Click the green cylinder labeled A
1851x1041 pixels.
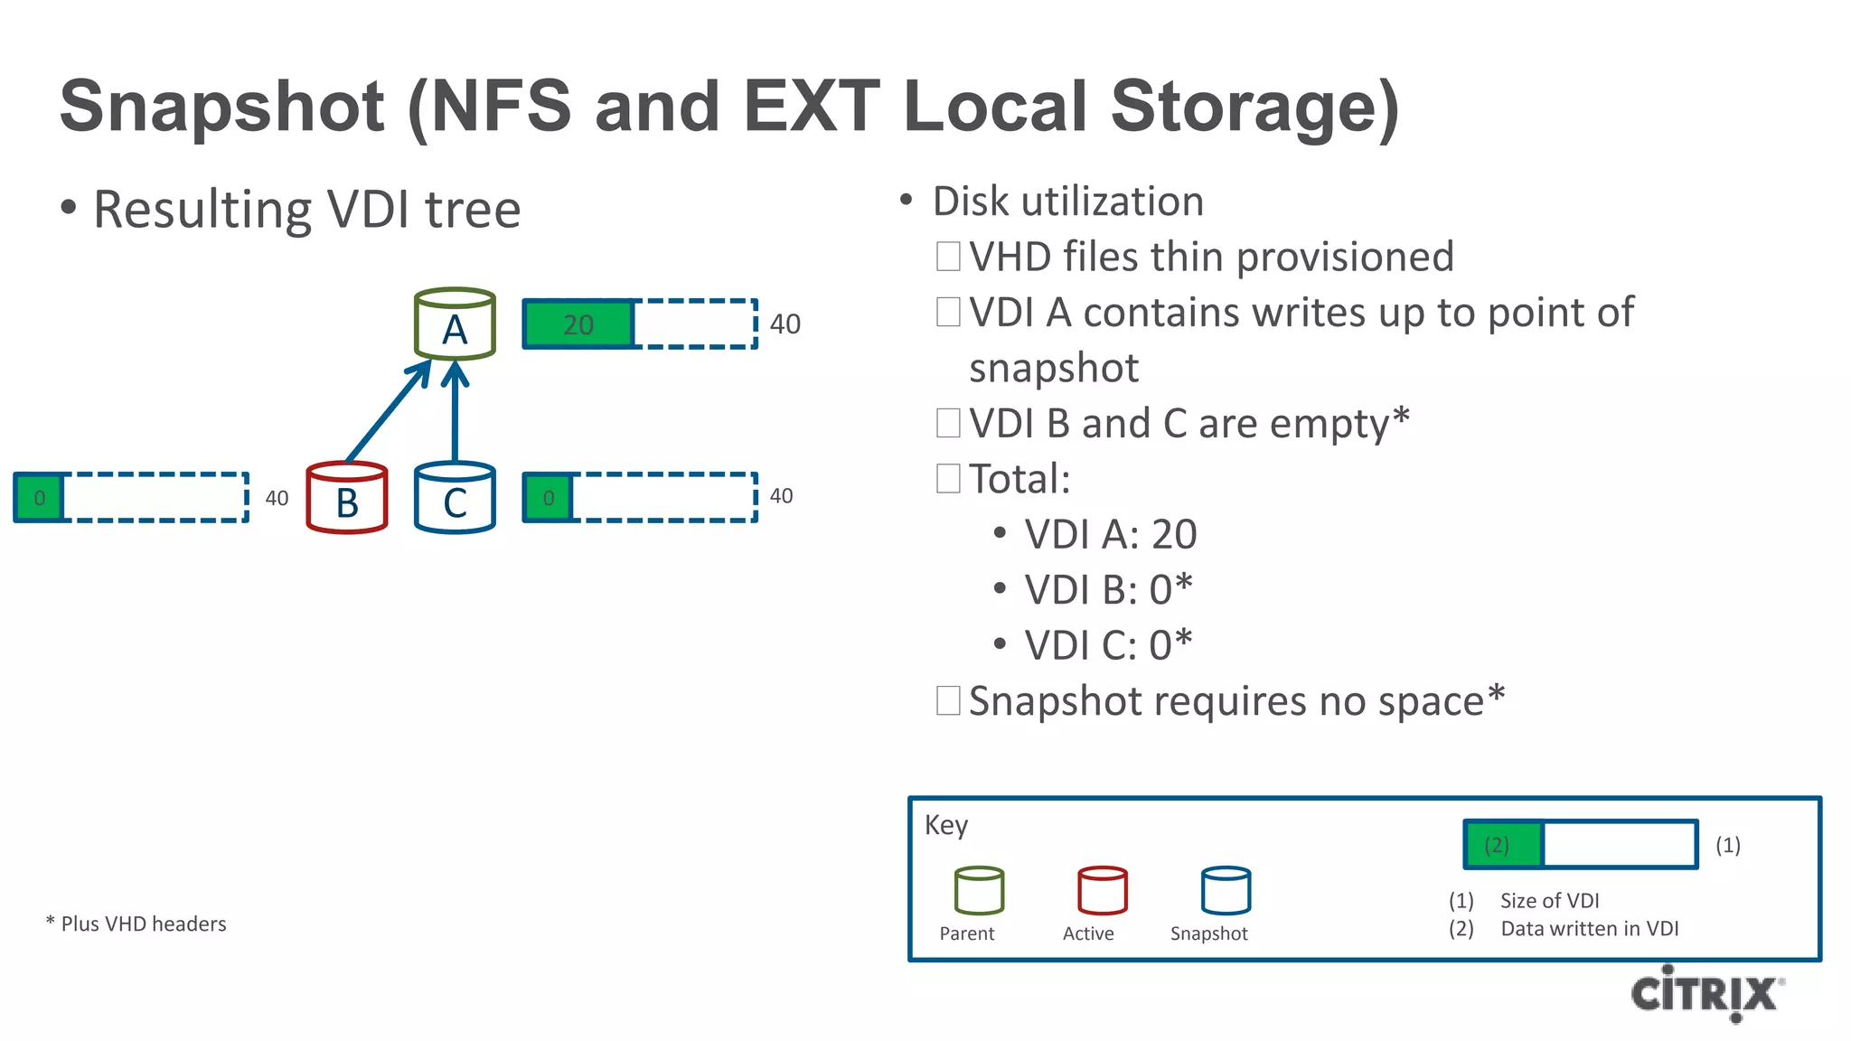point(455,325)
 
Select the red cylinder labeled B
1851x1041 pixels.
point(347,499)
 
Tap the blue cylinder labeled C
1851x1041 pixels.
point(455,499)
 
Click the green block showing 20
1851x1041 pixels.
point(578,324)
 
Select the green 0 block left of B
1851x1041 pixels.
point(39,497)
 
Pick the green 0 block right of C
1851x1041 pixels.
point(548,497)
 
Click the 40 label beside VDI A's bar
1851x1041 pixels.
point(785,324)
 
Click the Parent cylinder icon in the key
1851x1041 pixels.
point(979,891)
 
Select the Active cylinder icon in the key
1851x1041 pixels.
point(1102,891)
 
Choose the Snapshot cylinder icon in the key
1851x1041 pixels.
point(1226,891)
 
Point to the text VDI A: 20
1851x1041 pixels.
point(1110,534)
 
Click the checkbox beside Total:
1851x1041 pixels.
point(948,478)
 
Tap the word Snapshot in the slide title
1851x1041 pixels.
point(222,107)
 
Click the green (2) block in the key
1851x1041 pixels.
point(1503,845)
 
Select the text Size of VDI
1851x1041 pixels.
point(1549,901)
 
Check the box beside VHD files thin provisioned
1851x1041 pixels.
point(948,257)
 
